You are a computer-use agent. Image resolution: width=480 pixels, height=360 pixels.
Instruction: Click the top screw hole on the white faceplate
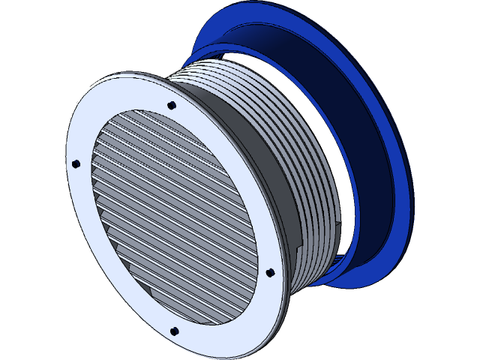[172, 105]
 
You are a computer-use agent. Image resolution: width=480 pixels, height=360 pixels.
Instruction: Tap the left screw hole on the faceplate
[76, 163]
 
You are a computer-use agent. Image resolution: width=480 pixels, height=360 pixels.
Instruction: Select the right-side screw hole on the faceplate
[270, 272]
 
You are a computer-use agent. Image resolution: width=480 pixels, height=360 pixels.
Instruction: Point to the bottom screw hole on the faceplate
[174, 331]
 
